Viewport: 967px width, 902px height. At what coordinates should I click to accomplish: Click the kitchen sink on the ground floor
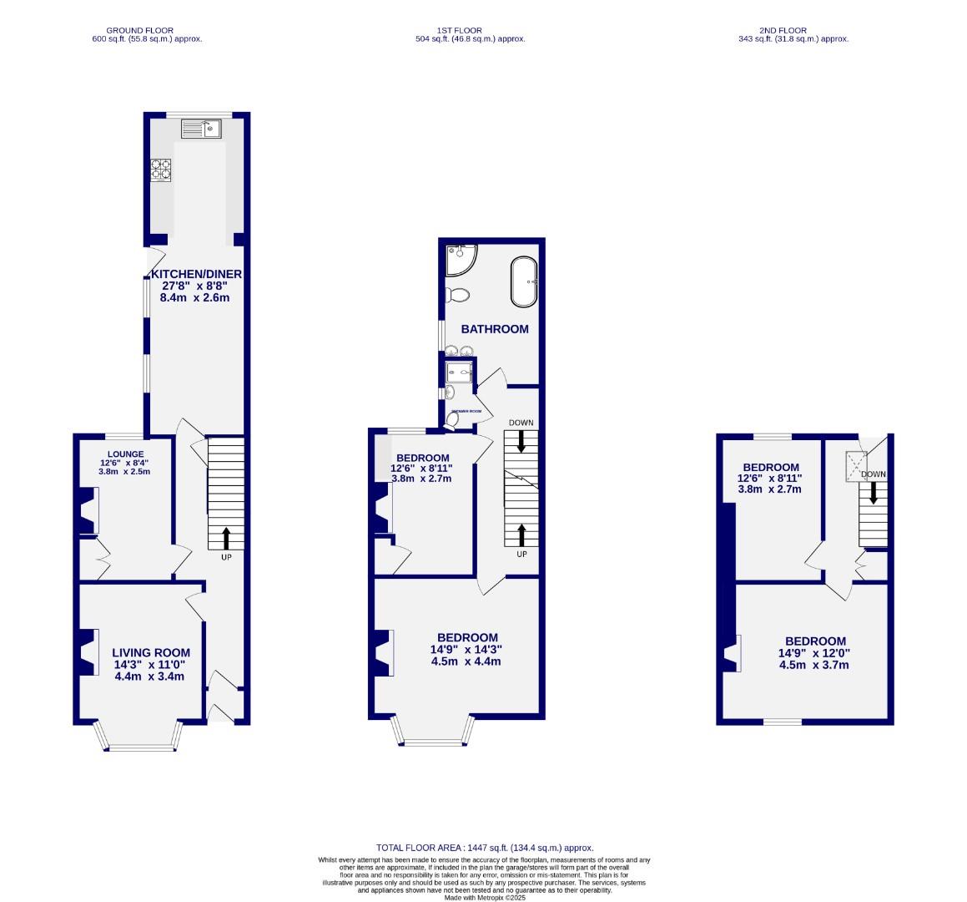coord(200,129)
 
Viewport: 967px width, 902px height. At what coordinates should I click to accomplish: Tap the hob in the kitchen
coord(160,170)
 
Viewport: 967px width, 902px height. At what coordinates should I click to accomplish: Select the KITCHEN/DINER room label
coord(195,274)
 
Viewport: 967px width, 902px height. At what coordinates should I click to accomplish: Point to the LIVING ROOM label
coord(152,653)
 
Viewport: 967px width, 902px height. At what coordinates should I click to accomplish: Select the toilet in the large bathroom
coord(457,295)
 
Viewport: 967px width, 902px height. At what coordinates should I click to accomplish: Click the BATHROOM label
coord(495,329)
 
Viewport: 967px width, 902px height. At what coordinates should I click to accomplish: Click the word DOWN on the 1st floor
coord(521,423)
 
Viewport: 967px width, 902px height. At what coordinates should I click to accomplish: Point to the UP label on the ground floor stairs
coord(226,556)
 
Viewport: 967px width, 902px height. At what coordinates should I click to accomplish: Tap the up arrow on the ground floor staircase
coord(226,539)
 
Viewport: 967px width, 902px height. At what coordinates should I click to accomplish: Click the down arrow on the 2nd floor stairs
coord(874,492)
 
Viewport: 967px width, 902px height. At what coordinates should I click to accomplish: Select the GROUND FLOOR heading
coord(139,30)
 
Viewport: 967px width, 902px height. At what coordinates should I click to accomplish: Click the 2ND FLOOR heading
coord(784,30)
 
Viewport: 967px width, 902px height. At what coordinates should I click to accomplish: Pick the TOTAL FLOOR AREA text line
coord(485,848)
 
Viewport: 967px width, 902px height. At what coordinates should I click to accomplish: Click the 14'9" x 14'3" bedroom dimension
coord(466,649)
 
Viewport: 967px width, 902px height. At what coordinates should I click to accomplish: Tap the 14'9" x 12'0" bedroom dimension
coord(813,653)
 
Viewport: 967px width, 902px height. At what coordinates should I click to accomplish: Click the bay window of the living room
coord(139,738)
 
